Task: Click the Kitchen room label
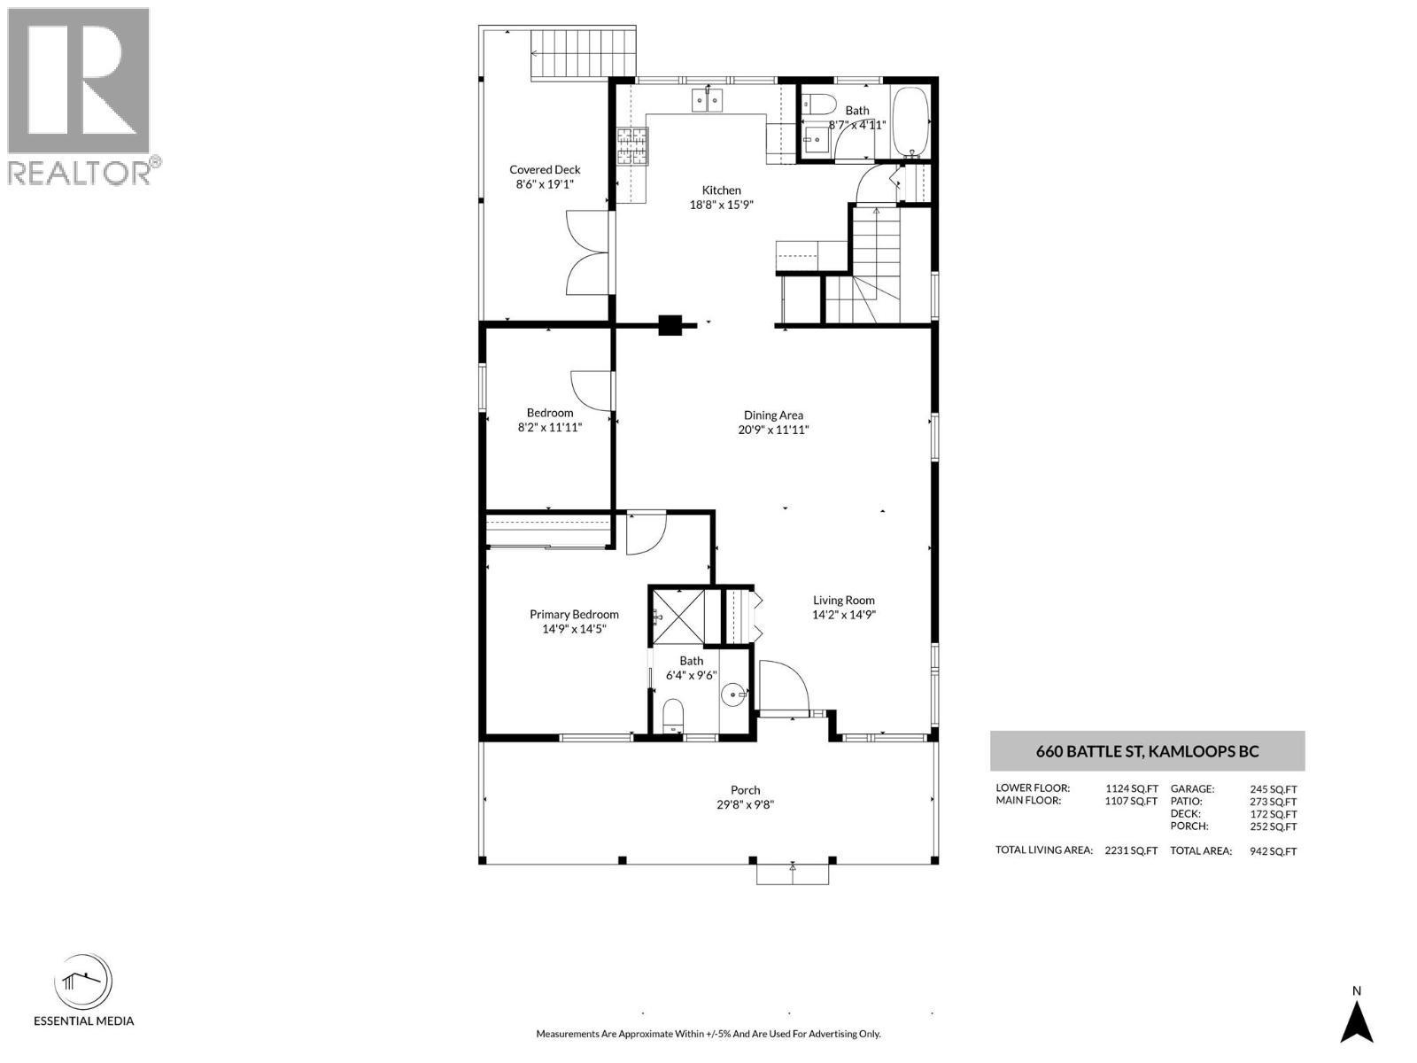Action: [721, 190]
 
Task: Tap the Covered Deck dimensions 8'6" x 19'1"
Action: [545, 185]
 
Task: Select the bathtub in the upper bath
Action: [910, 121]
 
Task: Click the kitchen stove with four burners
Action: [632, 146]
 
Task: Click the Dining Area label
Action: [773, 415]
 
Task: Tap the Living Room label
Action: [843, 601]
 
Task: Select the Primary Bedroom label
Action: [574, 615]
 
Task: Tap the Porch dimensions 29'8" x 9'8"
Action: [745, 805]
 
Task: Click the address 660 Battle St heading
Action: [1147, 752]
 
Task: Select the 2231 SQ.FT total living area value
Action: [1131, 850]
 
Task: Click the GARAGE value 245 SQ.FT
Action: [1273, 789]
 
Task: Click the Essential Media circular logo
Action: [83, 982]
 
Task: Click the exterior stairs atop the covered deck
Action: [584, 53]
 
